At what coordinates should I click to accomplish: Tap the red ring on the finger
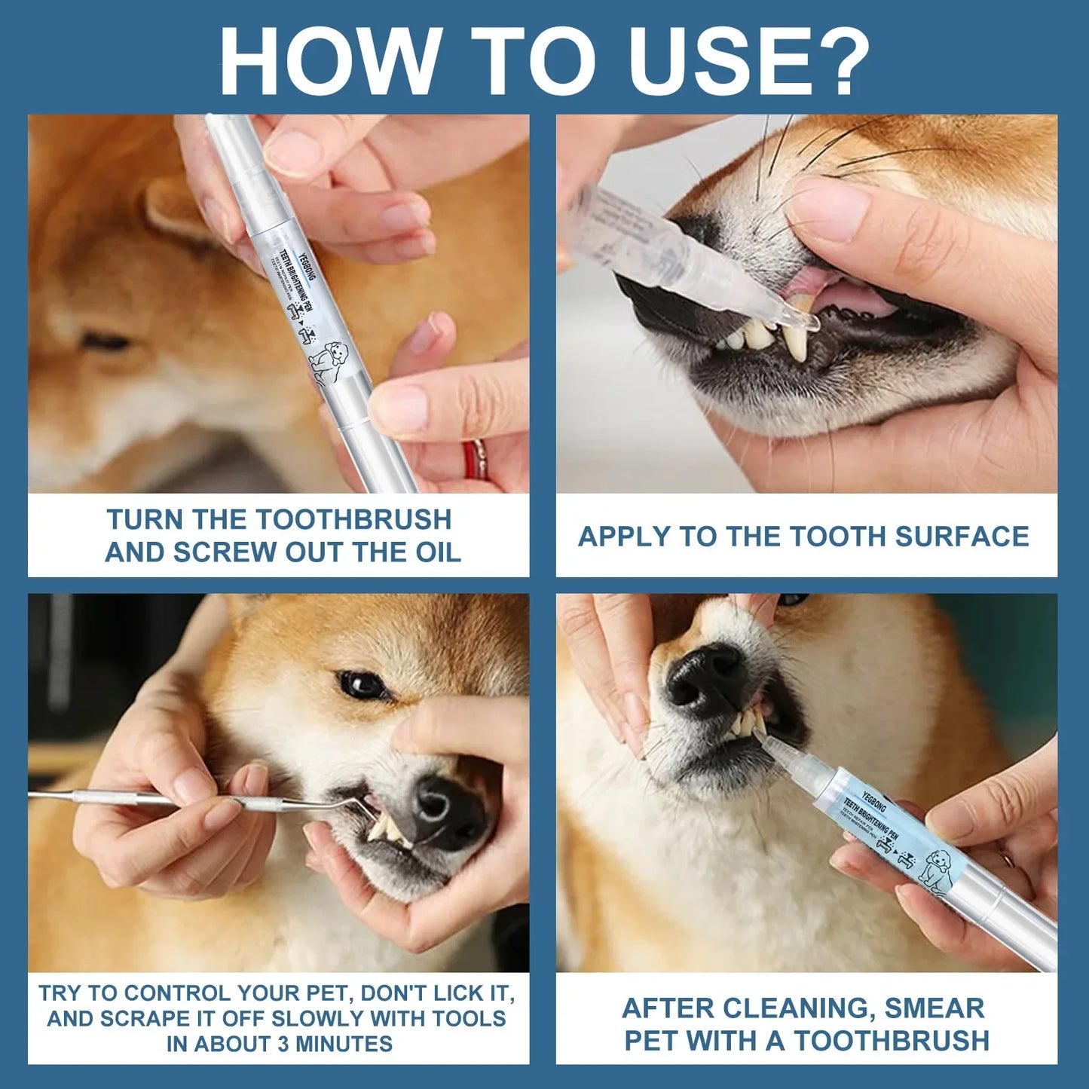(474, 459)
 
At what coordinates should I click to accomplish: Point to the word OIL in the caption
(437, 552)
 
